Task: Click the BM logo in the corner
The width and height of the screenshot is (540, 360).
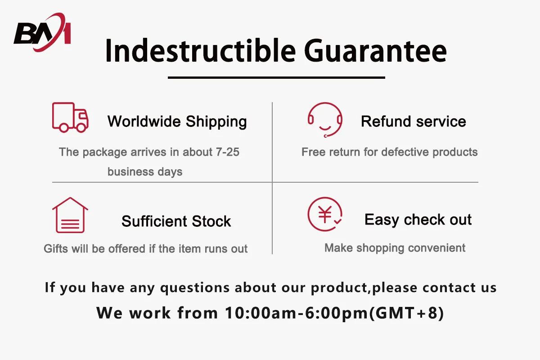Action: point(42,32)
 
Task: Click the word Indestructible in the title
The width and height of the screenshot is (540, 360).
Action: point(200,51)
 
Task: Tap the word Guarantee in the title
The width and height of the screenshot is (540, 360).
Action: point(375,51)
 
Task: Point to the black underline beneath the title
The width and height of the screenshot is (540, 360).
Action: point(276,78)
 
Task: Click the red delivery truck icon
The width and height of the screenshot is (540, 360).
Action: point(70,117)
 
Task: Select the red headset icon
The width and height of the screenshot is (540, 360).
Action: point(325,120)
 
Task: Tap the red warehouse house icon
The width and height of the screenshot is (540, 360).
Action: point(70,215)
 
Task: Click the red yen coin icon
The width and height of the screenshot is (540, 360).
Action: point(325,214)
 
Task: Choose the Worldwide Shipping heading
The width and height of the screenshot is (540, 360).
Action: point(177,122)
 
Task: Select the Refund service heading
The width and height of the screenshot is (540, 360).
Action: point(414,121)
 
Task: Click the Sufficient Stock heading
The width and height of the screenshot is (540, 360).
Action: point(176,221)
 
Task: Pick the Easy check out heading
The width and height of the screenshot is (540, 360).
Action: point(418,220)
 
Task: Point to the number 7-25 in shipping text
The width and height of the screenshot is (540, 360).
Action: point(227,152)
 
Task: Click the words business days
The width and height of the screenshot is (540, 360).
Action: point(145,172)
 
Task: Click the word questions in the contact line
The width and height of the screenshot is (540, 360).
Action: point(195,288)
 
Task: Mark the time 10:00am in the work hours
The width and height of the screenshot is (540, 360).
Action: point(261,313)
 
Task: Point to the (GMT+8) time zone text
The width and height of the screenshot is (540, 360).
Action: point(406,313)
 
